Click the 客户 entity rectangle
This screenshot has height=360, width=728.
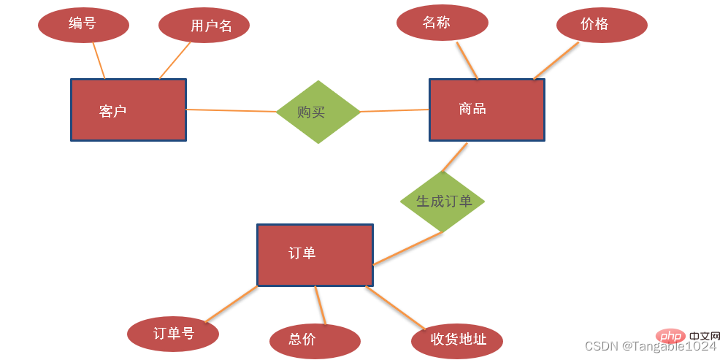point(128,110)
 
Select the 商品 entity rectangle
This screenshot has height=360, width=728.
point(486,110)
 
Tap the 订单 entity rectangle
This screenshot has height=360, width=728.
point(315,254)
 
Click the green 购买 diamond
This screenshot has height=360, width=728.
point(318,112)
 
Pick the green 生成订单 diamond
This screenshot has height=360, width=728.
point(442,201)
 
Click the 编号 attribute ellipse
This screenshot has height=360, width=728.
point(83,24)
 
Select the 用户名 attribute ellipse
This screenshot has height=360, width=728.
point(204,26)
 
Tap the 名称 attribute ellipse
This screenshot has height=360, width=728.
point(442,23)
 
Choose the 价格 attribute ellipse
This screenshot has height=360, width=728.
point(601,24)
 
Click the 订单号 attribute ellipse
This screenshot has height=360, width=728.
point(173,334)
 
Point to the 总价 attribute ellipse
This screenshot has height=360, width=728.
point(314,340)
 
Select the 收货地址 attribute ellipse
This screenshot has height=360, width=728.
point(458,340)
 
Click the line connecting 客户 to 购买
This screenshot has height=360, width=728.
point(231,110)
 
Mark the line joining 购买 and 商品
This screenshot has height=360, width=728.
point(394,111)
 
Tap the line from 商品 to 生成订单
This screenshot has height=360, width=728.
point(455,156)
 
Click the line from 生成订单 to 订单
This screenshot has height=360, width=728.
point(407,248)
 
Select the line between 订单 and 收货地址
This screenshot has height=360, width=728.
point(394,307)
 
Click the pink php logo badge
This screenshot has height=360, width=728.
point(671,337)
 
